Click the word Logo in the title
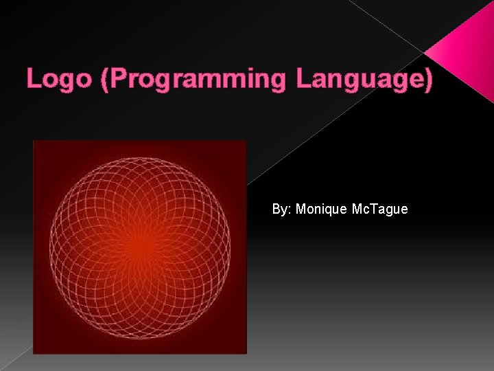[60, 79]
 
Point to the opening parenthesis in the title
[104, 80]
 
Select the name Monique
[320, 209]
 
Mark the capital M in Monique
[301, 209]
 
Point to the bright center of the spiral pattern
[140, 247]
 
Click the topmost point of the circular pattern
[140, 157]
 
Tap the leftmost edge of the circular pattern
[50, 247]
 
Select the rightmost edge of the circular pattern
[231, 247]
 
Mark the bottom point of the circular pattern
[140, 337]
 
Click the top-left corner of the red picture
[34, 141]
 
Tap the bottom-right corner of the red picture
[246, 353]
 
